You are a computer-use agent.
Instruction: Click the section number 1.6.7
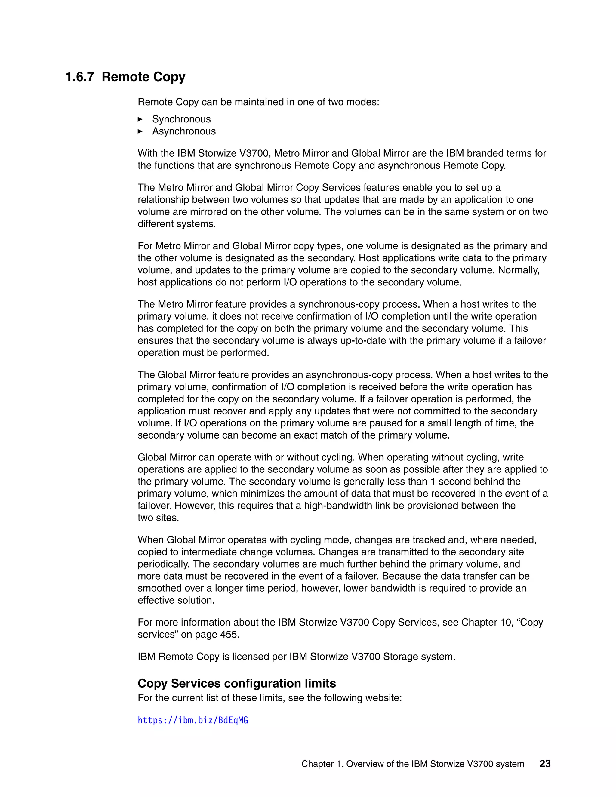point(79,77)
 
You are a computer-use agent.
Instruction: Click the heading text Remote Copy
point(143,77)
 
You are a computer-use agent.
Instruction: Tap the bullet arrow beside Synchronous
point(140,119)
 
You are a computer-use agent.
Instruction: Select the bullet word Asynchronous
point(184,131)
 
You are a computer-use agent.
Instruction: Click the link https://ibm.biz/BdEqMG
point(193,720)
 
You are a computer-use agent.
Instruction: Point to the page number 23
point(545,763)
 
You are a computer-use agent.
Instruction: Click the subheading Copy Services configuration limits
point(236,683)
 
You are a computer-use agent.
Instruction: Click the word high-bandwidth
point(335,506)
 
